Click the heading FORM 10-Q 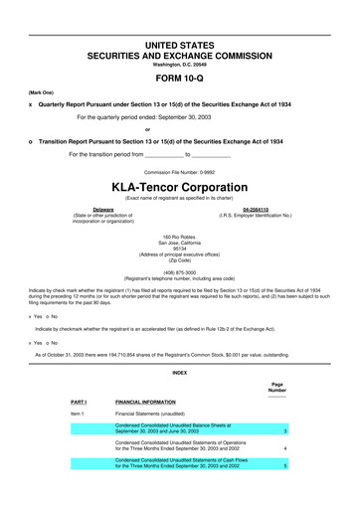(180, 77)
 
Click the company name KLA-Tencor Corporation (180, 187)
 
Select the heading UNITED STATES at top (180, 47)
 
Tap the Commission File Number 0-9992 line (180, 171)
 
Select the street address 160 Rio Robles (180, 234)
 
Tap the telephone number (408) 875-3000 (180, 271)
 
